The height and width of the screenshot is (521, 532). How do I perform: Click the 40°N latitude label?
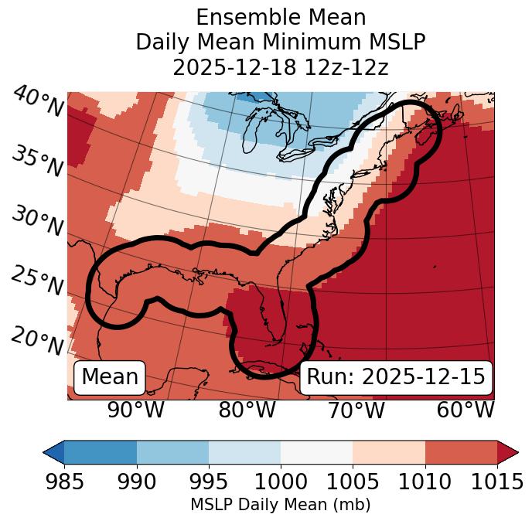pyautogui.click(x=37, y=102)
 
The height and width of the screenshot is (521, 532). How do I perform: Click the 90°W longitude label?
pyautogui.click(x=136, y=410)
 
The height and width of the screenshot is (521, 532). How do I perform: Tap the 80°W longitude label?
pyautogui.click(x=247, y=410)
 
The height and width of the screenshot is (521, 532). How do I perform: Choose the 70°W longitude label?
pyautogui.click(x=356, y=410)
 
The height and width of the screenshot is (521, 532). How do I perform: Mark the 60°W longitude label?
pyautogui.click(x=465, y=410)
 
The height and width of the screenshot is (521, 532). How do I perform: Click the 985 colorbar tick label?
pyautogui.click(x=64, y=482)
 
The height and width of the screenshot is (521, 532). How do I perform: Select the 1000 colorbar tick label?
pyautogui.click(x=281, y=482)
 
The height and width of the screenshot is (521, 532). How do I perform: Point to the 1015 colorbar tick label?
pyautogui.click(x=497, y=482)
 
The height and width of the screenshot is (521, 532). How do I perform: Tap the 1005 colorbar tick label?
pyautogui.click(x=353, y=482)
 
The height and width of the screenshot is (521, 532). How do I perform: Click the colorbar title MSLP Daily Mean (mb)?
pyautogui.click(x=280, y=506)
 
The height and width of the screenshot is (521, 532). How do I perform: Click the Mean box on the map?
pyautogui.click(x=110, y=377)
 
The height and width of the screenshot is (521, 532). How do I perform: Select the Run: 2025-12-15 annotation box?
pyautogui.click(x=396, y=377)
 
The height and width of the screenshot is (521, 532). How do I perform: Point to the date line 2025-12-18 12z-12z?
pyautogui.click(x=280, y=67)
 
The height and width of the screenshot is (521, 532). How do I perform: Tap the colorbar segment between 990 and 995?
pyautogui.click(x=172, y=452)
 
